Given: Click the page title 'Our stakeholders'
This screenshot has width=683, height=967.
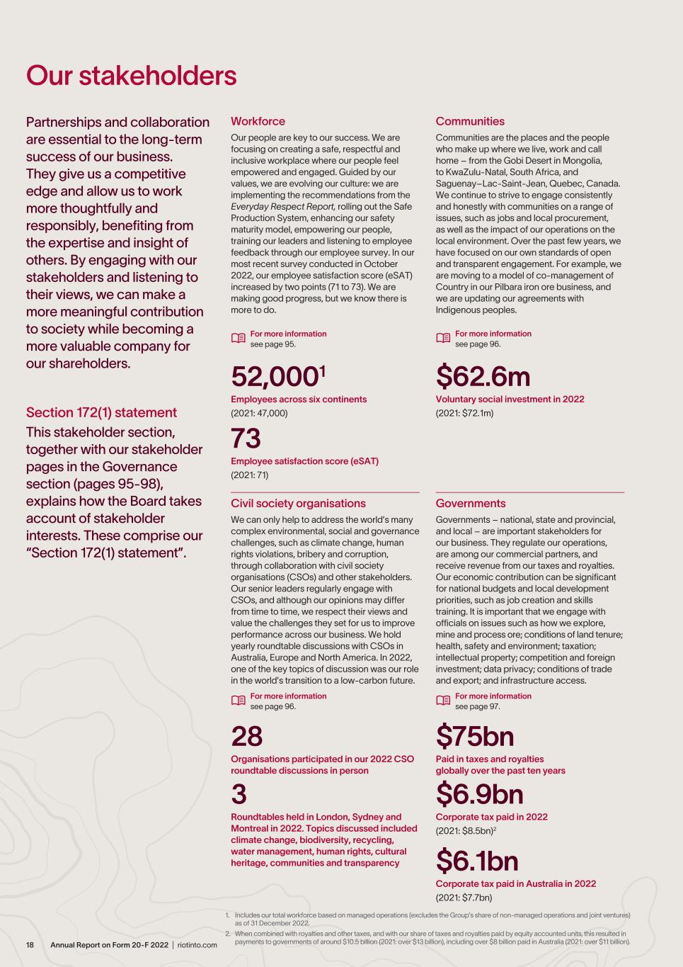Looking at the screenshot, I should point(131,76).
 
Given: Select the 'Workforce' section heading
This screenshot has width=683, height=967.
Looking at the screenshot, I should point(258,121).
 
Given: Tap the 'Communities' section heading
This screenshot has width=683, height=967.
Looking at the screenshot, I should point(470,121).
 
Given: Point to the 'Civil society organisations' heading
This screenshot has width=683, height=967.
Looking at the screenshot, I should point(298,503).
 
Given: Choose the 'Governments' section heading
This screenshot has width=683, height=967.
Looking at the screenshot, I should point(471,503).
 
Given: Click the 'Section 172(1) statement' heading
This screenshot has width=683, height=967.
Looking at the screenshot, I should point(101,412).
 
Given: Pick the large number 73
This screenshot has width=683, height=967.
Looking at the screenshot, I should point(246,439).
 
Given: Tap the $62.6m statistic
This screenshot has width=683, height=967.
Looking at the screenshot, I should point(483,377).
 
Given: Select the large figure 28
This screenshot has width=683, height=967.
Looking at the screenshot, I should point(246,737).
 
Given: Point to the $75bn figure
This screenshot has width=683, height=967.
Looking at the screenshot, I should point(474,737).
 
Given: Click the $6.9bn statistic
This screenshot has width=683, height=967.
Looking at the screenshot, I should point(479,794).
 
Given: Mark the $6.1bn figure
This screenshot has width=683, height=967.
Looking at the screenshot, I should point(477,861).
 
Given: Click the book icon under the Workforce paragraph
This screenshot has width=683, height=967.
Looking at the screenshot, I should point(238,339).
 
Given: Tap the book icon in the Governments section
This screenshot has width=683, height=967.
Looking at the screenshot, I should point(443,701).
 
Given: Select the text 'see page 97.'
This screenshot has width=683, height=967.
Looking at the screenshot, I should point(478,706).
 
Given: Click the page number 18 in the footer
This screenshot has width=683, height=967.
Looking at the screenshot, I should point(30,945).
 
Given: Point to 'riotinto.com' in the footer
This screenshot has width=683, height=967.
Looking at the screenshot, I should point(197,945).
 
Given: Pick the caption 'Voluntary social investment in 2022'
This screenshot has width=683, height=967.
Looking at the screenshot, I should point(510,399).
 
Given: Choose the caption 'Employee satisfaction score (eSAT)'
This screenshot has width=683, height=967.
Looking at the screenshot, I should point(304,461).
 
